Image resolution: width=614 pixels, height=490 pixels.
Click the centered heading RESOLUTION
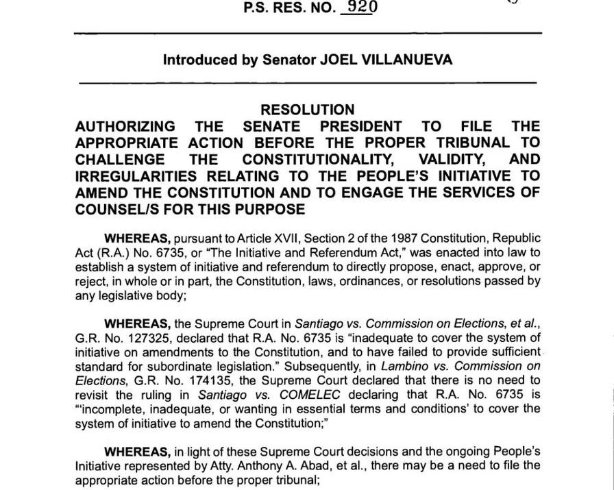click(308, 110)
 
